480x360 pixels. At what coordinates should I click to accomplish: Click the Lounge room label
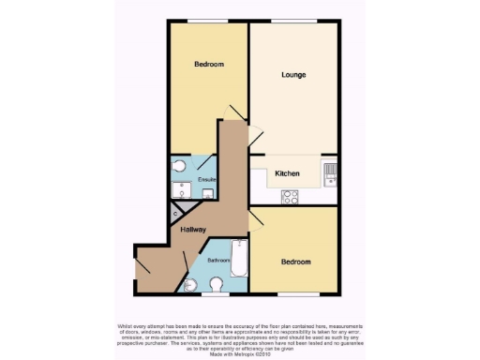coord(293,74)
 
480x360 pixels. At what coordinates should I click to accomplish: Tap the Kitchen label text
coord(286,173)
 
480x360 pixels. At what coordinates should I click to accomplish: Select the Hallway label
coord(193,229)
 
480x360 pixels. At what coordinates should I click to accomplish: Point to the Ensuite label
coord(207,179)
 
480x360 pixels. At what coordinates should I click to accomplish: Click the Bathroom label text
coord(218,260)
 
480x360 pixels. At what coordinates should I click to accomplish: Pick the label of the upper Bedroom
coord(208,64)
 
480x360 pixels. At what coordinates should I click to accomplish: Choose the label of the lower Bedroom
coord(295,262)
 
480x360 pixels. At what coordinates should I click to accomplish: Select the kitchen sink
coord(329,172)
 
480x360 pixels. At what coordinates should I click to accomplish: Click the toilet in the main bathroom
coord(217,285)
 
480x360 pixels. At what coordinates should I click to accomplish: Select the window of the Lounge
coord(292,22)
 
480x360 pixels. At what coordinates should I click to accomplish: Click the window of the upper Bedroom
coord(208,22)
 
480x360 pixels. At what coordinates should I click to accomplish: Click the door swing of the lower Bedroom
coord(256,224)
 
